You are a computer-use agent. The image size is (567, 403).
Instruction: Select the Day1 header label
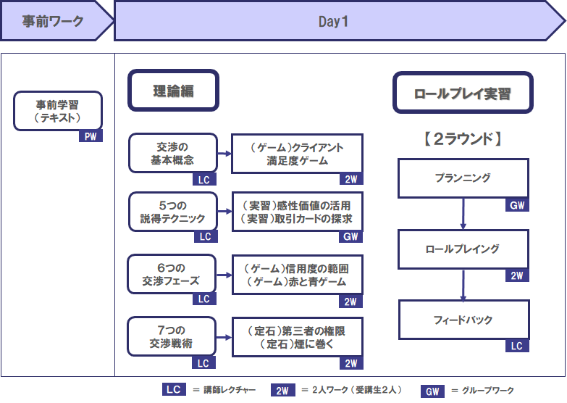pos(333,22)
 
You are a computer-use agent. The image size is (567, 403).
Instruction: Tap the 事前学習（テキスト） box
pos(58,111)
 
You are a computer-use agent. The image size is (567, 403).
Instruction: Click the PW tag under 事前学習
pos(91,136)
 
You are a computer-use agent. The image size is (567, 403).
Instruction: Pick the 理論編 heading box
pos(173,90)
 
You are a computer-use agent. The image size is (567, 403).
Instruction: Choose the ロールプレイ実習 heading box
pos(463,93)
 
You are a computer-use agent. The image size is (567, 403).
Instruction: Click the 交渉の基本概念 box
pos(173,153)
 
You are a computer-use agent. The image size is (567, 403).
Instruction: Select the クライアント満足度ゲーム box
pos(297,154)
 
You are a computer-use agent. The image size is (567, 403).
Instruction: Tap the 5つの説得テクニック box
pos(173,212)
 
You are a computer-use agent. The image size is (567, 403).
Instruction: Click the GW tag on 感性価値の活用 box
pos(350,236)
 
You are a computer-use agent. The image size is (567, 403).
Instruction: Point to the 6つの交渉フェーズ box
pos(172,274)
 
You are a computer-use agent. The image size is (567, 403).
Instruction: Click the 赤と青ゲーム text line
pos(296,281)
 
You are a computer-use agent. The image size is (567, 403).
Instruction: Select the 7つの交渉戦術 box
pos(172,336)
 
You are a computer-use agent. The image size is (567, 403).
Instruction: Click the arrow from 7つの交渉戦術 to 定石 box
pos(224,338)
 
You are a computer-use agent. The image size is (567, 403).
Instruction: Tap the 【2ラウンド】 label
pos(463,138)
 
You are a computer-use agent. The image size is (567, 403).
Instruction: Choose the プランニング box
pos(463,178)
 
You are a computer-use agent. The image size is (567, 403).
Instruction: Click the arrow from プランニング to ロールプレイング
pos(463,214)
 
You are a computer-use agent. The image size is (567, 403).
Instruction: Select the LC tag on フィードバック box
pos(517,346)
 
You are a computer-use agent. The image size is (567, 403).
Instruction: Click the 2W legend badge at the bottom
pos(283,391)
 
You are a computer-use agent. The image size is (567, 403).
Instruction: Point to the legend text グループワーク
pos(488,391)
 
